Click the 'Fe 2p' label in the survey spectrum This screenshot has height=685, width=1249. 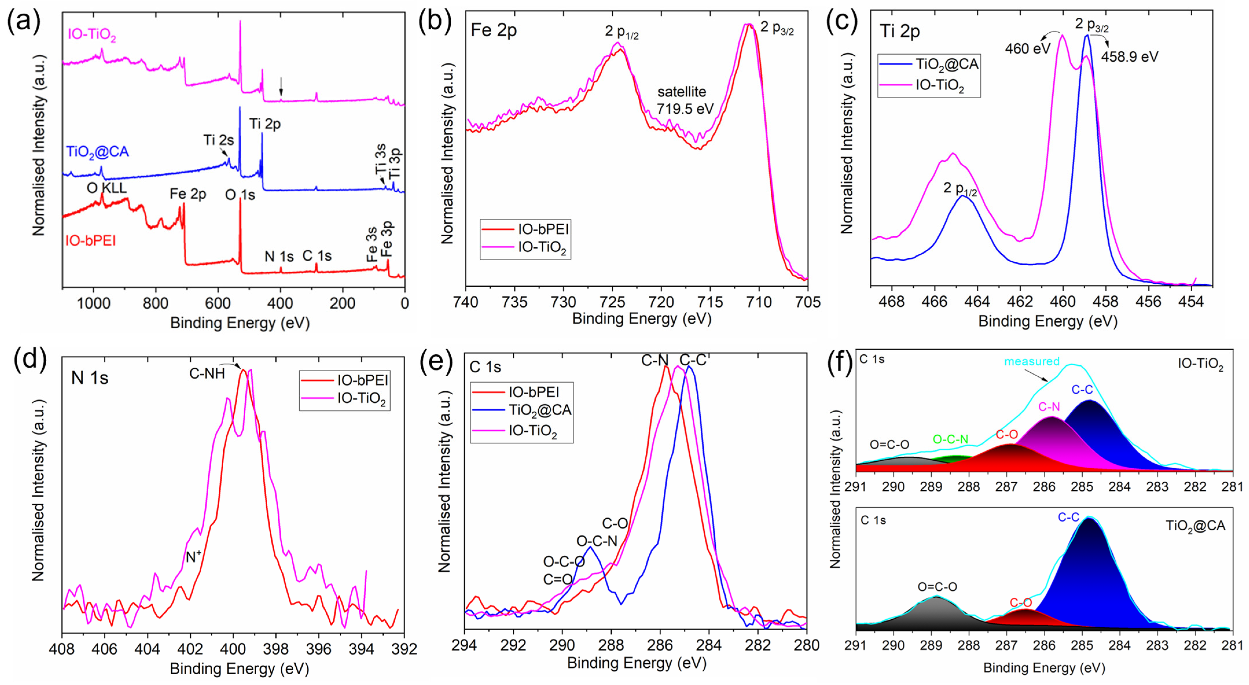pyautogui.click(x=188, y=194)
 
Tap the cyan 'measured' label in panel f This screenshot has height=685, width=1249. pyautogui.click(x=1031, y=361)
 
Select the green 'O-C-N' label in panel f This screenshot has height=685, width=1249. pyautogui.click(x=950, y=439)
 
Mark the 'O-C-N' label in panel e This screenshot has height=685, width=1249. pyautogui.click(x=596, y=541)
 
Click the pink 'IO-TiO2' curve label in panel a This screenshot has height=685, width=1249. pyautogui.click(x=92, y=35)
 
